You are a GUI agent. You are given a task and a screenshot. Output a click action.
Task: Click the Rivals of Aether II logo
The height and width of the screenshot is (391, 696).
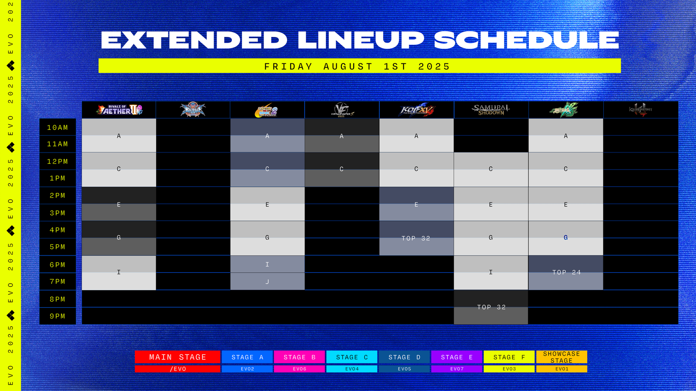119,110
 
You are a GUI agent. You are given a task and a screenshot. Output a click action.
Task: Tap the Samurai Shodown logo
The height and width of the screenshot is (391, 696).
491,110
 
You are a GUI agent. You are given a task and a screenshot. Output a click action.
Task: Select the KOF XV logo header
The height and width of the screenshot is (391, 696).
416,110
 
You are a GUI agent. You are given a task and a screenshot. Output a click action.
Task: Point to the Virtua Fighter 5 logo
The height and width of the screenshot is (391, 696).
342,110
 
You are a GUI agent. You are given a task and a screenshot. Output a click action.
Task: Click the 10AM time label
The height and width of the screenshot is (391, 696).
57,128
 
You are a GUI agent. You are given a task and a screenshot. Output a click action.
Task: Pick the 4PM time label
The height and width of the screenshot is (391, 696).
57,230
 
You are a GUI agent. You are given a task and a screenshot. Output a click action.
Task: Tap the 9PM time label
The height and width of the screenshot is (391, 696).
57,316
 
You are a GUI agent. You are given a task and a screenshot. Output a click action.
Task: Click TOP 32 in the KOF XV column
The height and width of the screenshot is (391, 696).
416,239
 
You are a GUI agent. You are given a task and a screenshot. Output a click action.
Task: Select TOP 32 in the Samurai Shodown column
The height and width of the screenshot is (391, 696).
491,307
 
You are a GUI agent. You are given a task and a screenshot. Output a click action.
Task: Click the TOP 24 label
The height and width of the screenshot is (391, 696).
566,272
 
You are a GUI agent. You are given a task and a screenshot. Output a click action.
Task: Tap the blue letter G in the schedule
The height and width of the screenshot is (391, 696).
565,238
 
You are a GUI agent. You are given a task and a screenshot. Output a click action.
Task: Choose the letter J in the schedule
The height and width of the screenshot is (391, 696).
267,282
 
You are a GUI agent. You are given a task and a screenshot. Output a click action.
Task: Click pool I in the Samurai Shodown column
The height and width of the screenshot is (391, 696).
491,272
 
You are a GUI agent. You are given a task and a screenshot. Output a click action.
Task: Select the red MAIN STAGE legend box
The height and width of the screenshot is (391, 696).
177,357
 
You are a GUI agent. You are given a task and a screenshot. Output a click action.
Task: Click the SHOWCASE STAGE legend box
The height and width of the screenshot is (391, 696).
562,357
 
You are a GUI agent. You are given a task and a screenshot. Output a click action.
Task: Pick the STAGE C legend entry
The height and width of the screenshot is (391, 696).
352,357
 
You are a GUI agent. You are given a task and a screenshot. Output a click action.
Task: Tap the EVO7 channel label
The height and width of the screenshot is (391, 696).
457,369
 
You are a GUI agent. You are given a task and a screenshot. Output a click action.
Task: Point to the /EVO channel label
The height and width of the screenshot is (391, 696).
177,369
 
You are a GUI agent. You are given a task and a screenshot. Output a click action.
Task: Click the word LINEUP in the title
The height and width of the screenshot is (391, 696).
361,40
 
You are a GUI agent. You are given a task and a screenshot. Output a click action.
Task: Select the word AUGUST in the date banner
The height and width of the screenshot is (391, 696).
348,66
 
